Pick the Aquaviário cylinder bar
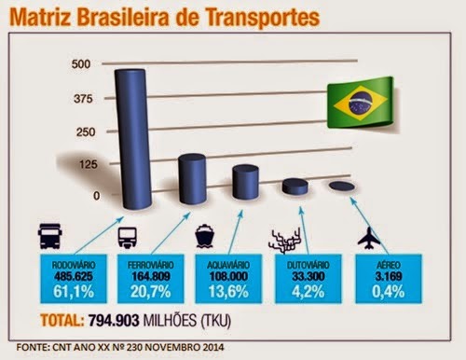pyautogui.click(x=245, y=182)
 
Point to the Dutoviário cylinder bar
pyautogui.click(x=295, y=187)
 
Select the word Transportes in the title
pyautogui.click(x=253, y=18)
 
